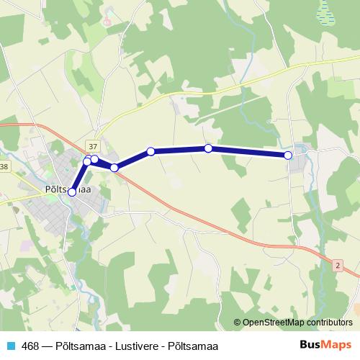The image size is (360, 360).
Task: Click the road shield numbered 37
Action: [x=91, y=145]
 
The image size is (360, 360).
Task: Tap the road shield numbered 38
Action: [x=4, y=167]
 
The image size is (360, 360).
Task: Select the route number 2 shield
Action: [x=337, y=265]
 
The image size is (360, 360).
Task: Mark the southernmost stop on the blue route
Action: [x=72, y=192]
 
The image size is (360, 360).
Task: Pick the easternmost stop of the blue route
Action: [x=288, y=156]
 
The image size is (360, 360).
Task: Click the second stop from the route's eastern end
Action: [x=208, y=148]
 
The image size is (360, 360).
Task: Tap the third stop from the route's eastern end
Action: [x=150, y=151]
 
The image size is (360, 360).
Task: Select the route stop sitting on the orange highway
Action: [x=114, y=168]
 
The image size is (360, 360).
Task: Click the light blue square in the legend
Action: [x=9, y=346]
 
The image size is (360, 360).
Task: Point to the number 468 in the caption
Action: [x=31, y=346]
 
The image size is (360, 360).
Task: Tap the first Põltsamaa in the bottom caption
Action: [x=79, y=346]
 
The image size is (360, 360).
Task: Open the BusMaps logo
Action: [x=325, y=345]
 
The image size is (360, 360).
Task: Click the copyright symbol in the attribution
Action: [x=237, y=323]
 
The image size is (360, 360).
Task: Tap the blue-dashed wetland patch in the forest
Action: [x=325, y=10]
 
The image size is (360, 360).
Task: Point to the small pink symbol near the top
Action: [x=107, y=21]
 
